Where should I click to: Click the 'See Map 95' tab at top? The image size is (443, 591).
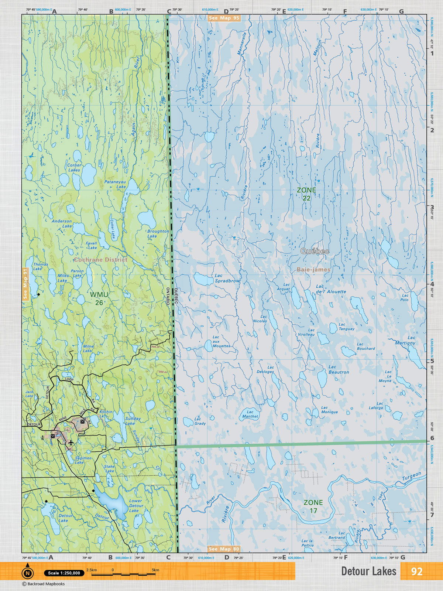[224, 18]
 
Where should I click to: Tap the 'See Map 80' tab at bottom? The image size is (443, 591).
[224, 549]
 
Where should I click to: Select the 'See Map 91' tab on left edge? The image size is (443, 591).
[25, 284]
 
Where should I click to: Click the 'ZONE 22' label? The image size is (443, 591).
[306, 194]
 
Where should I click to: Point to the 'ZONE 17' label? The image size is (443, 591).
[313, 506]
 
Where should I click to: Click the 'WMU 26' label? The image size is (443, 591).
[99, 298]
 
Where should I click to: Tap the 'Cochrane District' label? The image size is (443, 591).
[100, 260]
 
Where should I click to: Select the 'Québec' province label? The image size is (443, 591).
[315, 251]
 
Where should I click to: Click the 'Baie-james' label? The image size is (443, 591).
[313, 270]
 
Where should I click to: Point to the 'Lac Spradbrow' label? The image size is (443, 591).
[227, 278]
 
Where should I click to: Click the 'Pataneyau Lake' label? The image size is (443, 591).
[115, 184]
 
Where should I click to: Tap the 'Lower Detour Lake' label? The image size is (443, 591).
[136, 506]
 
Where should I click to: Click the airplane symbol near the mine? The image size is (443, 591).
[71, 442]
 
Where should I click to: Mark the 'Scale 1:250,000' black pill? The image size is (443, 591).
[63, 573]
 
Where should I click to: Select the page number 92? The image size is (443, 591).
[416, 571]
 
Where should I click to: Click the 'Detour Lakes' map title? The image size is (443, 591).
[368, 571]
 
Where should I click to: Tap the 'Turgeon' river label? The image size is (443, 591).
[411, 476]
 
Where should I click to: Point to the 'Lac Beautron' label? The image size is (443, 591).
[339, 369]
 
